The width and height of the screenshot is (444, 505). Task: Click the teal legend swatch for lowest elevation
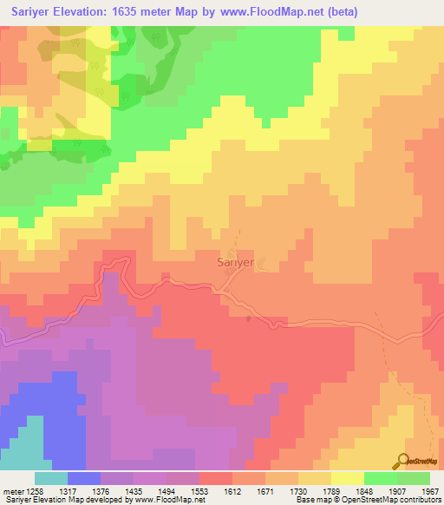(x=51, y=477)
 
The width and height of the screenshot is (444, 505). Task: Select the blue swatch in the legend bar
(x=84, y=477)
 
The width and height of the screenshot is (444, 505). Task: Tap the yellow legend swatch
(x=348, y=477)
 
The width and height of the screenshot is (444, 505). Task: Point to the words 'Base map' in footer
(x=309, y=501)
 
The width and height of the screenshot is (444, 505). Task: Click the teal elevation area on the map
(x=21, y=443)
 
